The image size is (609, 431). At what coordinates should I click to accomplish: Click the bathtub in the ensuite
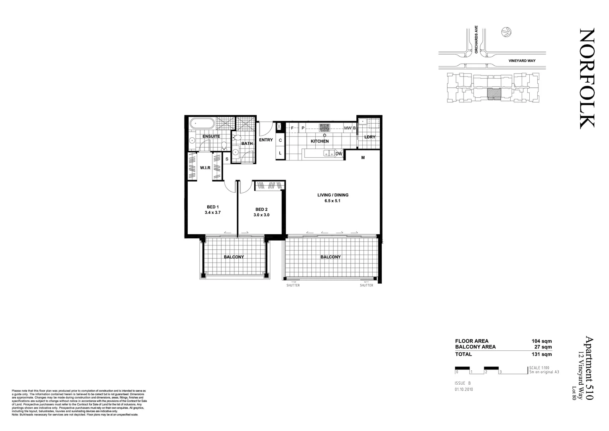coord(202,123)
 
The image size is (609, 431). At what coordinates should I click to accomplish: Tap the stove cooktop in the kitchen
coord(324,128)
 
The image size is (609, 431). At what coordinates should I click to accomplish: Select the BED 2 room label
coord(261,210)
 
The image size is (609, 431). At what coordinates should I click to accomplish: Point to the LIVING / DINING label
coord(333,195)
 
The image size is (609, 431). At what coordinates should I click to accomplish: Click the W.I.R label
coord(205,168)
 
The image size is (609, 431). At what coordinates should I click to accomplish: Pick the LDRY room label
coord(370,137)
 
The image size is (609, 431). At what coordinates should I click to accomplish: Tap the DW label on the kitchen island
coord(339,154)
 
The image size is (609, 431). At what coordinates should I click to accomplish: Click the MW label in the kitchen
coord(348,128)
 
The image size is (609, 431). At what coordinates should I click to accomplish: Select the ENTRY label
coord(266,140)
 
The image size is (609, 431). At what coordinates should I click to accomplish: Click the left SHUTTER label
coord(293,285)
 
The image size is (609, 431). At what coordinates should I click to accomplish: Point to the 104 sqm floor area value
coord(542,341)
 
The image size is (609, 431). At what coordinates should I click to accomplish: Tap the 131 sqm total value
coord(542,354)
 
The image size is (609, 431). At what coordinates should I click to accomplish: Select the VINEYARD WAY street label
coord(522,61)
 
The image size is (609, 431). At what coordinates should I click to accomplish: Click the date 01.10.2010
coord(464,389)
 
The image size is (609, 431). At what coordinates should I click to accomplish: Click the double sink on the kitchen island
coord(329,153)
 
